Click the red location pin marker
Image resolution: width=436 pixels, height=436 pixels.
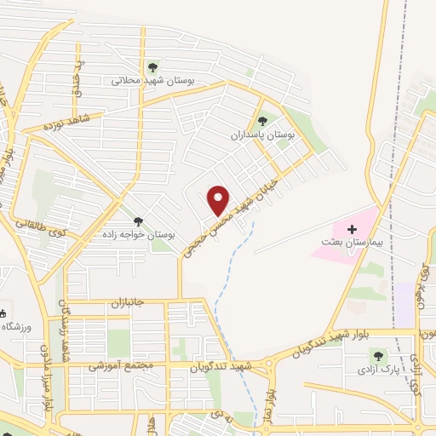coord(219,199)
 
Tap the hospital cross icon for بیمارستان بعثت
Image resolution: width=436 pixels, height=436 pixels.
coord(352,228)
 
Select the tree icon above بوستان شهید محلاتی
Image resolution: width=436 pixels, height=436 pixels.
coord(152,67)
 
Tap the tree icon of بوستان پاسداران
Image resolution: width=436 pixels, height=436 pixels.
coord(262,121)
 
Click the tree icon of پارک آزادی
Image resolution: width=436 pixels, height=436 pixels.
coord(377,354)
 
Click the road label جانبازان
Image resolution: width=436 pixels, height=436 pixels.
coord(106,303)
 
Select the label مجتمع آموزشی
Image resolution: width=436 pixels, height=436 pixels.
coord(119,365)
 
